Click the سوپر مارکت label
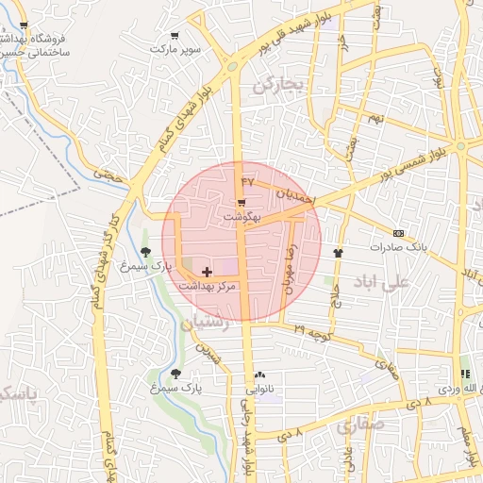[179, 47]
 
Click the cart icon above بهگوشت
[242, 203]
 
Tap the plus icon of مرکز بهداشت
[208, 272]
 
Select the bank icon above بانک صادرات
[398, 233]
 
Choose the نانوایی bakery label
[258, 388]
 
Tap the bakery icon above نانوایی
[259, 375]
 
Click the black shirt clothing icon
[339, 253]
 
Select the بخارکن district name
[278, 85]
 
